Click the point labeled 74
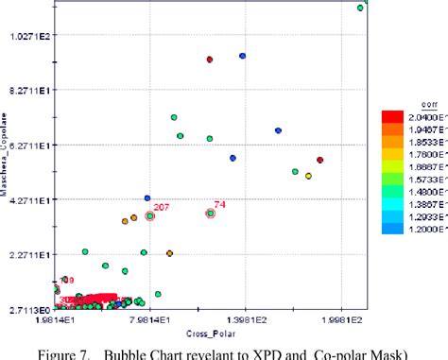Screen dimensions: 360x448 point(211,214)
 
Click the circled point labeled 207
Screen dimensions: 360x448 point(150,215)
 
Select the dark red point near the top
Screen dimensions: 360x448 point(210,60)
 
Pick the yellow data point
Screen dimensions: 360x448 point(309,176)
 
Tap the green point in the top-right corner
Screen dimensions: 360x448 point(360,8)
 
